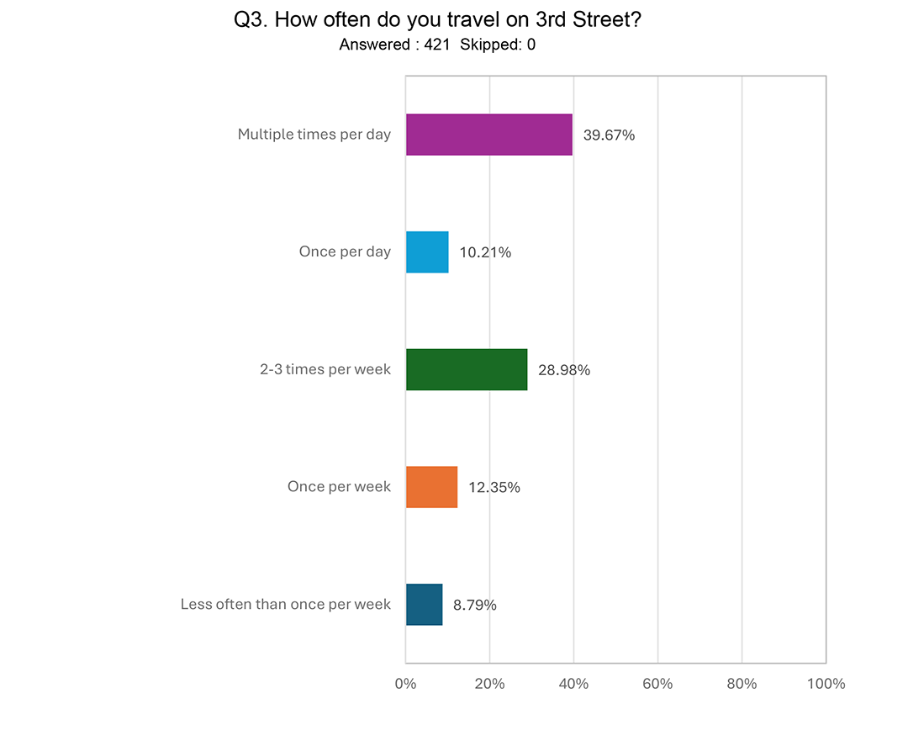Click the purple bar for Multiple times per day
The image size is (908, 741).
coord(488,135)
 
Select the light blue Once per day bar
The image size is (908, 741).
coord(427,251)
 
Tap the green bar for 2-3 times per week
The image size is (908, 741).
coord(467,369)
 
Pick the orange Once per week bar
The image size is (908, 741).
coord(431,487)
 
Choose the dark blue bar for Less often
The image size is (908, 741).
coord(424,604)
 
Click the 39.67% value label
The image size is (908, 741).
coord(609,135)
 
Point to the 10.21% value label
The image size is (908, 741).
coord(485,252)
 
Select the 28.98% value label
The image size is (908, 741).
coord(564,369)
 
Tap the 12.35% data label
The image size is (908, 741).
coord(494,487)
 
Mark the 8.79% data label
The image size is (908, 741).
coord(475,605)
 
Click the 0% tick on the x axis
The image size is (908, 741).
coord(405,684)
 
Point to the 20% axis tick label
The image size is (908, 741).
coord(489,684)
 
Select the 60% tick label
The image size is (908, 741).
coord(657,684)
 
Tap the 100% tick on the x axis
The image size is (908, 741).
coord(826,684)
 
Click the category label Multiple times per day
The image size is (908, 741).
coord(314,135)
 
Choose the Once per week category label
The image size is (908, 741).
coord(339,487)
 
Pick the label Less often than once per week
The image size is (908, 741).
coord(286,605)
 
